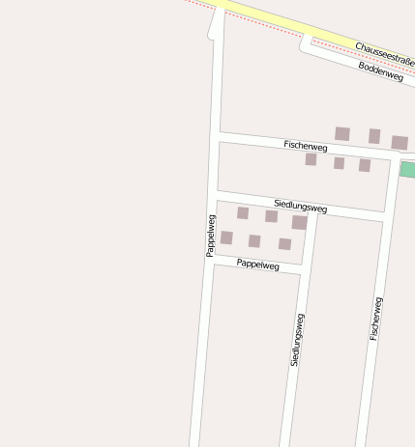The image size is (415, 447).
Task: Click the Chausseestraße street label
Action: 384,54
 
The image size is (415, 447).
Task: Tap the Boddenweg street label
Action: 380,70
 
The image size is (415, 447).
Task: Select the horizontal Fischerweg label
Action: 306,146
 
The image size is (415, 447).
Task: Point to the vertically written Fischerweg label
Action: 376,318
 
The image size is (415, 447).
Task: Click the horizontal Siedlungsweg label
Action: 300,205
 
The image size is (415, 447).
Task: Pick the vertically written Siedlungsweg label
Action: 297,339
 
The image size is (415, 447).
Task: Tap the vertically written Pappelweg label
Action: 210,235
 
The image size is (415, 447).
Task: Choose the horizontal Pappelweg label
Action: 257,264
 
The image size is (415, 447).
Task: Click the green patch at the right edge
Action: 408,170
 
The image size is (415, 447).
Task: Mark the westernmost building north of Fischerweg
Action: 341,133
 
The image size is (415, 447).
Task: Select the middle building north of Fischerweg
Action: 374,136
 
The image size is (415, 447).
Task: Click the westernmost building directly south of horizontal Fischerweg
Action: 311,159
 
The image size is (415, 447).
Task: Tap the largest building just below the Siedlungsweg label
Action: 299,222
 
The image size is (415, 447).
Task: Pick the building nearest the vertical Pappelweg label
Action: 226,237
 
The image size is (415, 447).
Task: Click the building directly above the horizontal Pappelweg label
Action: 254,241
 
